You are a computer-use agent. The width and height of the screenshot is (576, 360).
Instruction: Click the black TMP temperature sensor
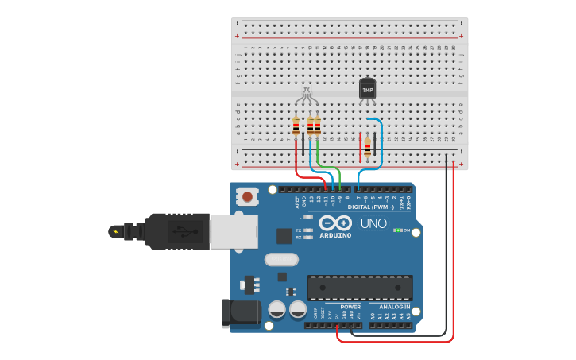(367, 88)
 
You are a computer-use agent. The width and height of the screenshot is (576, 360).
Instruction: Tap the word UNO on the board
(373, 223)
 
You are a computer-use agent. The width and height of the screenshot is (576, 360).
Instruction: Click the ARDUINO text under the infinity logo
(335, 235)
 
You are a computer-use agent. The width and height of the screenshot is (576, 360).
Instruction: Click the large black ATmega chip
(360, 287)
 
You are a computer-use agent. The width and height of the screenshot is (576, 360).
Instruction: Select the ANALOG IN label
(395, 307)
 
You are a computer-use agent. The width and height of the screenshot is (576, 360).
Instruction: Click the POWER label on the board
(350, 307)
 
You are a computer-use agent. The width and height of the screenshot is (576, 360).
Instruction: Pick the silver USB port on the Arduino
(234, 231)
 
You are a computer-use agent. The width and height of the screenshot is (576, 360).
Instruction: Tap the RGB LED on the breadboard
(307, 95)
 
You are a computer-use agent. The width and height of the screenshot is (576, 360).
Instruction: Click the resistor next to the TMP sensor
(367, 146)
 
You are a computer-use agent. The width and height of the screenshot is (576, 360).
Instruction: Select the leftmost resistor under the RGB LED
(296, 126)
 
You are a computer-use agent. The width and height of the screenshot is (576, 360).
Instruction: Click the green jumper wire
(330, 168)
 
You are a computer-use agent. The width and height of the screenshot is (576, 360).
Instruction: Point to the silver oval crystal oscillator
(280, 259)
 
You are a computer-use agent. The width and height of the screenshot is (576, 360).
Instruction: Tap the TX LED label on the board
(299, 230)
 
